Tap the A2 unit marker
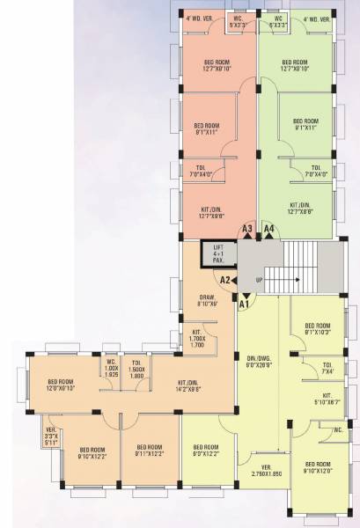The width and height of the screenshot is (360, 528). point(225,280)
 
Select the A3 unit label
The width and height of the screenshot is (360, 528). point(248,229)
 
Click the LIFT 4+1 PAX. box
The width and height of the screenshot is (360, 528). point(219,253)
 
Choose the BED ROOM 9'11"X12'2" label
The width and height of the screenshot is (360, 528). point(149,451)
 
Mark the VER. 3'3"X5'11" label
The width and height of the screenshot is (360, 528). point(50,436)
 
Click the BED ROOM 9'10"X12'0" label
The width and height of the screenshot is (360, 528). point(316,467)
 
